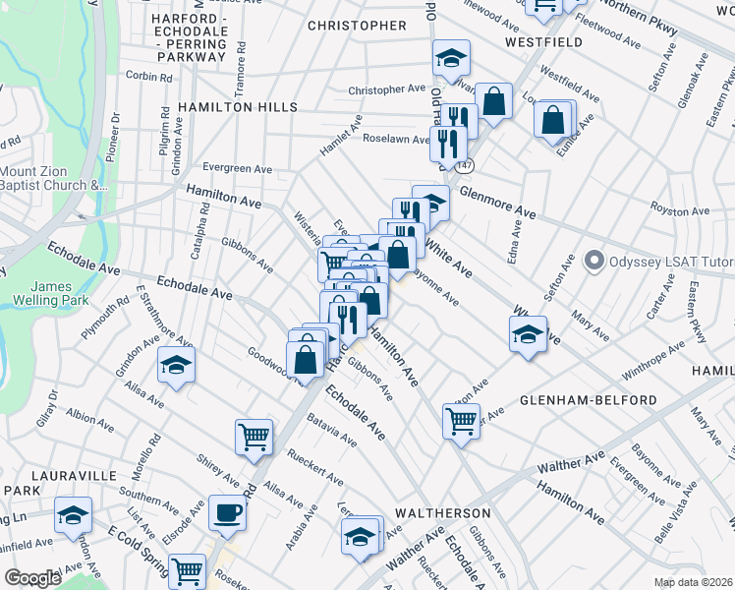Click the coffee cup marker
pyautogui.click(x=227, y=512)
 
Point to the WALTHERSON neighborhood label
pyautogui.click(x=442, y=513)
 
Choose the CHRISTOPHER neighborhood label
pyautogui.click(x=357, y=26)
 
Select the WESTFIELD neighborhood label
pyautogui.click(x=543, y=42)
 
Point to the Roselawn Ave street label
pyautogui.click(x=396, y=140)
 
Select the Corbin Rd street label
pyautogui.click(x=148, y=76)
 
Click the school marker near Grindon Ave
pyautogui.click(x=177, y=366)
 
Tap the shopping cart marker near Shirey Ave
pyautogui.click(x=254, y=436)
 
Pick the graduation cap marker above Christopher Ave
pyautogui.click(x=452, y=57)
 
